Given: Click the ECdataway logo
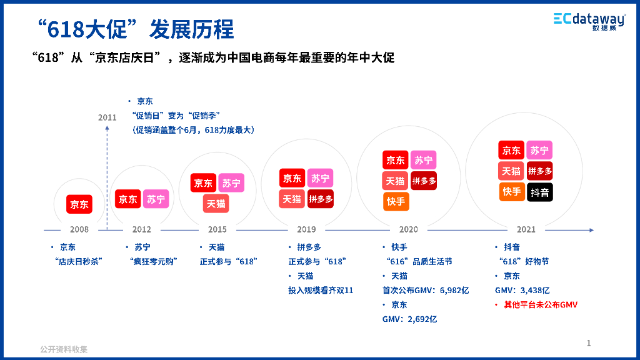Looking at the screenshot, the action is pyautogui.click(x=589, y=21).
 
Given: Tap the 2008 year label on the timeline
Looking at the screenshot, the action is pyautogui.click(x=79, y=229).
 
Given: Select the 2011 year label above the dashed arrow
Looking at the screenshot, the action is pyautogui.click(x=107, y=117).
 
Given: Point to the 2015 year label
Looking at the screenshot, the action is pyautogui.click(x=217, y=229).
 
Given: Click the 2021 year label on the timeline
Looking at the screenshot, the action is pyautogui.click(x=526, y=229).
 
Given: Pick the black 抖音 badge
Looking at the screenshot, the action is pyautogui.click(x=539, y=192).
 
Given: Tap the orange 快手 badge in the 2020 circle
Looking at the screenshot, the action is pyautogui.click(x=396, y=201).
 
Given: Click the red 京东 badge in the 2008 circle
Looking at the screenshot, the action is pyautogui.click(x=79, y=204).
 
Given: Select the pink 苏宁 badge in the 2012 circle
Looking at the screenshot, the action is pyautogui.click(x=156, y=199).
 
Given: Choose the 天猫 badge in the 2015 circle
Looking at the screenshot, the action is pyautogui.click(x=217, y=204).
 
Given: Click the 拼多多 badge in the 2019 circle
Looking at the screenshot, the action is pyautogui.click(x=321, y=199).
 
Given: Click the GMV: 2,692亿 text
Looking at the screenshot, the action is pyautogui.click(x=409, y=319).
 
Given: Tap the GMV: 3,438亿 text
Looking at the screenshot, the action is pyautogui.click(x=522, y=290).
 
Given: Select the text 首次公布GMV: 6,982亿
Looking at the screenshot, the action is pyautogui.click(x=426, y=290).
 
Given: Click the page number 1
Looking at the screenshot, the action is pyautogui.click(x=589, y=342).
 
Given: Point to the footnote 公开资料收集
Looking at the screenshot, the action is pyautogui.click(x=64, y=349).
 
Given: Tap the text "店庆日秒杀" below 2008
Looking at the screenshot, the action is pyautogui.click(x=79, y=261).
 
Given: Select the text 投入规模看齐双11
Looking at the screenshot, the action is pyautogui.click(x=321, y=290).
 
